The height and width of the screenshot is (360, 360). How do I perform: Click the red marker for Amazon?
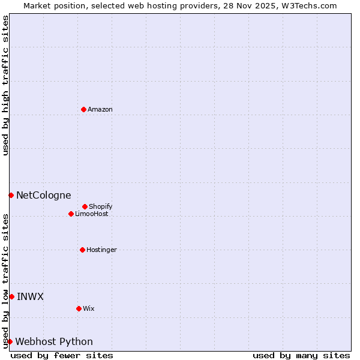click(83, 109)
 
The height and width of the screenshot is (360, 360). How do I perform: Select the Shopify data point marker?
click(85, 206)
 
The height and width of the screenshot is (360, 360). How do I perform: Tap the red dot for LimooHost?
click(71, 214)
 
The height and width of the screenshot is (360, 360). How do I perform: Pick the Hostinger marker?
click(82, 250)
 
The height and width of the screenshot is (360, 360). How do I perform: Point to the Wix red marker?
click(79, 308)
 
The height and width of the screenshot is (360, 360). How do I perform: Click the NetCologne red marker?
click(11, 195)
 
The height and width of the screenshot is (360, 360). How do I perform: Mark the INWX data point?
click(11, 296)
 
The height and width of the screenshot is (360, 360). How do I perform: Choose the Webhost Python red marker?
click(10, 341)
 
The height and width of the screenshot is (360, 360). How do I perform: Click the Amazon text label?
click(100, 109)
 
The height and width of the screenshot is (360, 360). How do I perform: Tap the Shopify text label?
click(101, 206)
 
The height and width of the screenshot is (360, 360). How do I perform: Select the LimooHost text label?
click(92, 214)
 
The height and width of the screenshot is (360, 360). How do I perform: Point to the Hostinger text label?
click(101, 250)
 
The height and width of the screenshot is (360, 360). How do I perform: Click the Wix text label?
click(89, 308)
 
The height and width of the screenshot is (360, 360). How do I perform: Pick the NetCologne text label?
click(43, 195)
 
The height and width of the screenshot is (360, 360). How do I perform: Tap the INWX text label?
click(30, 296)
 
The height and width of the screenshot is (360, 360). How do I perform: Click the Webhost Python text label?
click(54, 341)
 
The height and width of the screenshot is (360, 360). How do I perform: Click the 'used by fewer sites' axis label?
click(62, 355)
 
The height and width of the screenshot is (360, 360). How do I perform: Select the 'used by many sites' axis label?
click(301, 355)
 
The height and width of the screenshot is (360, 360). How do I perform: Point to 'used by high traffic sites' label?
click(5, 85)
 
